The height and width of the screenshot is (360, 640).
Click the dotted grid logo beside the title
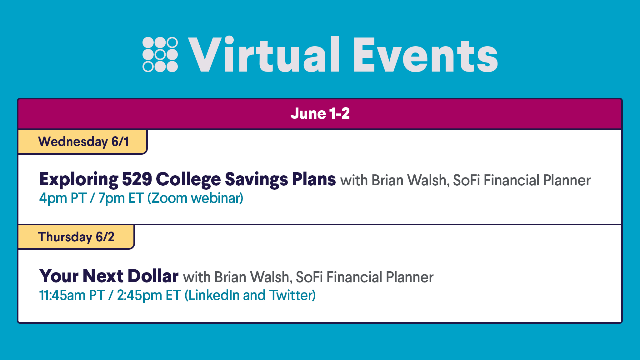tap(160, 55)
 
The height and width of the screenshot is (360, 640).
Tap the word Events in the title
tap(425, 55)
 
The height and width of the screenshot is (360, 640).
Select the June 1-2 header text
tap(320, 113)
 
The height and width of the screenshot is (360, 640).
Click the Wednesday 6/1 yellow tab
tap(82, 142)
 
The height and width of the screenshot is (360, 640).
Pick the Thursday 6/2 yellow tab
tap(76, 237)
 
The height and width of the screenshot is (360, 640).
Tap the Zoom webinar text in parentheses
tap(195, 198)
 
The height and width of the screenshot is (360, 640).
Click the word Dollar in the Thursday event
tap(153, 276)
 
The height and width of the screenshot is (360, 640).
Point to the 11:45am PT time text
tap(72, 295)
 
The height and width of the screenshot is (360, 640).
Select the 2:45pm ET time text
tap(149, 296)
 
